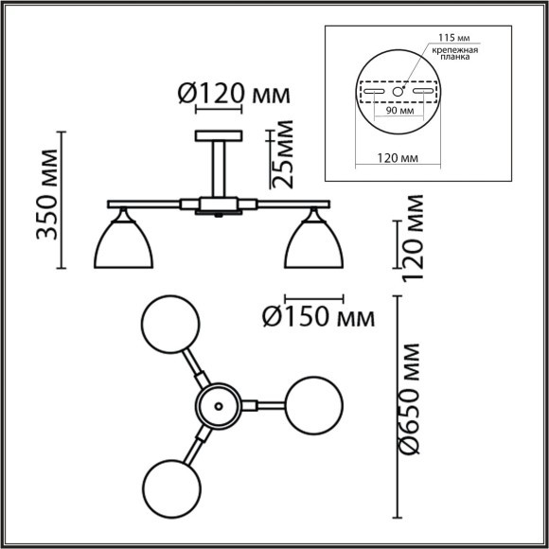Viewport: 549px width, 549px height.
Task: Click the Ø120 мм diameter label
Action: coord(232,95)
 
